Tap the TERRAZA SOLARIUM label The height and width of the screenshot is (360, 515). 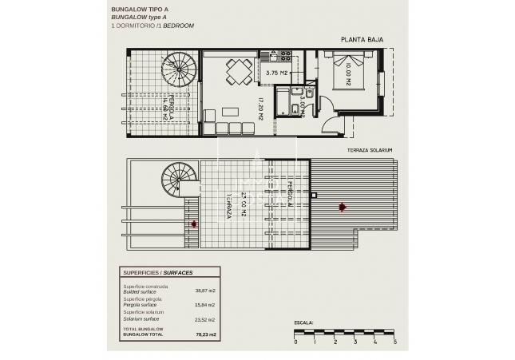(x=370, y=150)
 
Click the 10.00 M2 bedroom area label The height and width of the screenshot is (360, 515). (x=348, y=77)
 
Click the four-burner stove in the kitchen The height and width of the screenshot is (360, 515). (x=283, y=56)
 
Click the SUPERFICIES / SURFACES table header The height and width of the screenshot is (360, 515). (x=158, y=272)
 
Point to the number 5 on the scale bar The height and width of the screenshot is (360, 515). (x=394, y=342)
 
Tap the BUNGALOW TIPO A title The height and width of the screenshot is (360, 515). (x=141, y=10)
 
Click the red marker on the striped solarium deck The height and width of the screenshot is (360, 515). (x=343, y=208)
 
